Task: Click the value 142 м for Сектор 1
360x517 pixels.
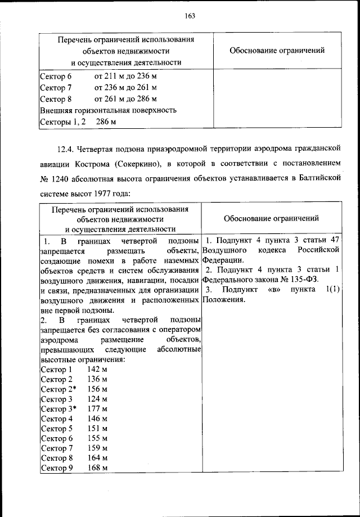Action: pos(97,370)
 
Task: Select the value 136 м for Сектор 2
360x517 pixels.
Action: pos(97,379)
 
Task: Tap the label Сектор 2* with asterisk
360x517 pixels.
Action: pos(58,389)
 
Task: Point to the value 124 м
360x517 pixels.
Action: pos(97,399)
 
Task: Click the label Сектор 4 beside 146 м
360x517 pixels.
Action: pos(57,419)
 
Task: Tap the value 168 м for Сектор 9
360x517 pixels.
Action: pos(97,468)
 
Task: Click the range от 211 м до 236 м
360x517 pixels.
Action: pos(126,77)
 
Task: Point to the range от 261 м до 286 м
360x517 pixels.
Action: pos(126,99)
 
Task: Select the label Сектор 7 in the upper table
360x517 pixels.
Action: pos(57,88)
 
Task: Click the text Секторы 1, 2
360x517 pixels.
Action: pos(62,122)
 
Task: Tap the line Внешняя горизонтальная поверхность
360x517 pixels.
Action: pos(109,110)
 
